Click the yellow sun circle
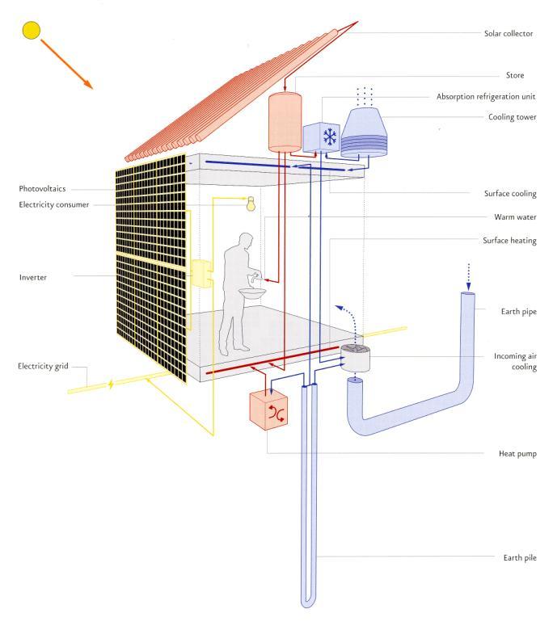pyautogui.click(x=32, y=31)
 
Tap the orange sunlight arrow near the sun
pyautogui.click(x=67, y=64)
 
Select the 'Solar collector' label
pyautogui.click(x=509, y=34)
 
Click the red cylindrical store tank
pyautogui.click(x=285, y=122)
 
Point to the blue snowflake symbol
pyautogui.click(x=330, y=137)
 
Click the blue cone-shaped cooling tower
pyautogui.click(x=364, y=132)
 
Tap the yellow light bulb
pyautogui.click(x=251, y=204)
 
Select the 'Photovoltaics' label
pyautogui.click(x=42, y=189)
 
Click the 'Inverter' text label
pyautogui.click(x=33, y=278)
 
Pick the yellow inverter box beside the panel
pyautogui.click(x=201, y=273)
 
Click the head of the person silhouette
pyautogui.click(x=245, y=241)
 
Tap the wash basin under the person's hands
pyautogui.click(x=252, y=293)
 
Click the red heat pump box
pyautogui.click(x=268, y=410)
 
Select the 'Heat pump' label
pyautogui.click(x=517, y=454)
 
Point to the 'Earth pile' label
pyautogui.click(x=519, y=558)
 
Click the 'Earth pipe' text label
pyautogui.click(x=518, y=312)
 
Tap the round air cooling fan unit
pyautogui.click(x=355, y=357)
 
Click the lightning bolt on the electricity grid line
pyautogui.click(x=111, y=384)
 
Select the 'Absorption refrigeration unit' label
pyautogui.click(x=486, y=97)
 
